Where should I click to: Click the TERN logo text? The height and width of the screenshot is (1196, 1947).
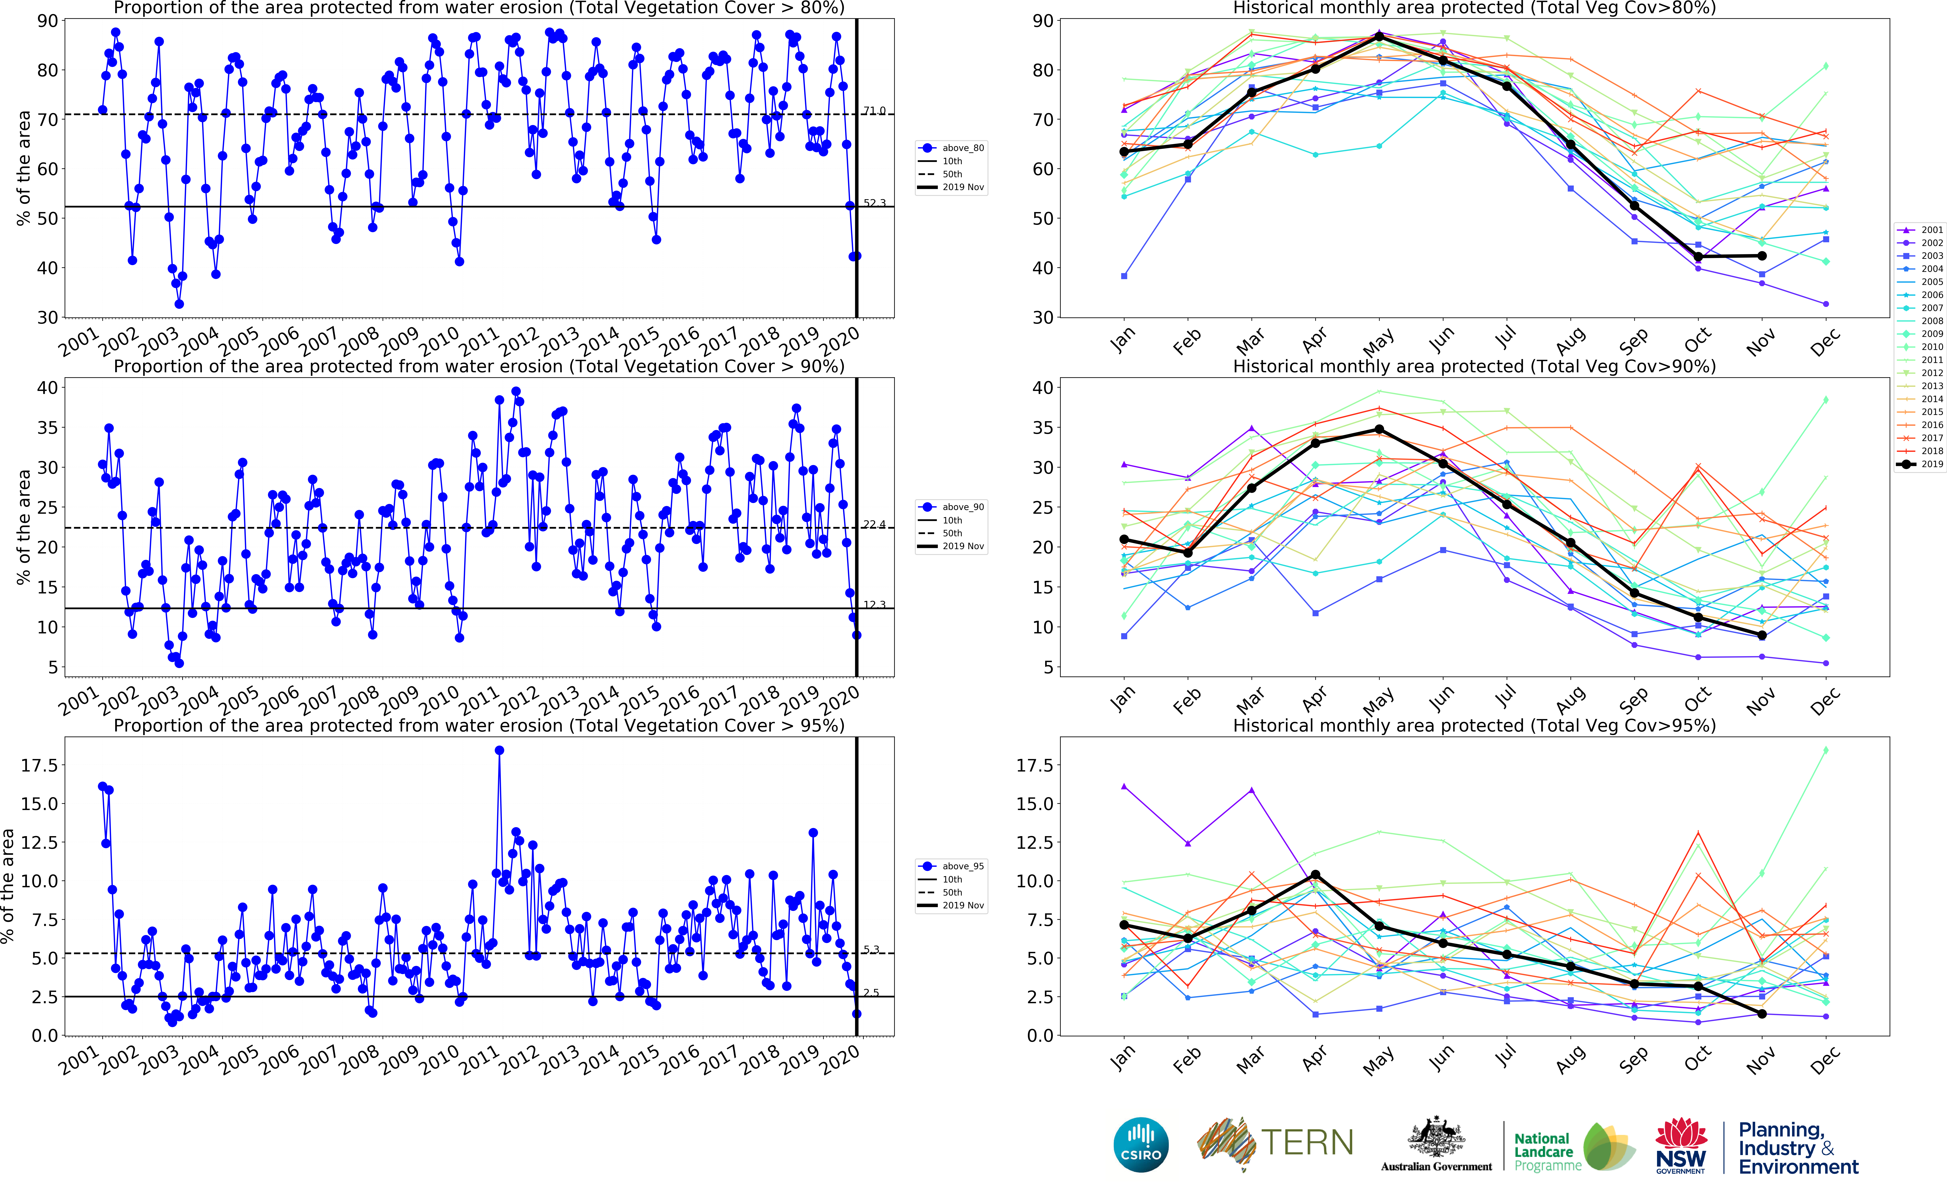coord(1307,1143)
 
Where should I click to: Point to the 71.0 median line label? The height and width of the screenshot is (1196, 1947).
coord(874,111)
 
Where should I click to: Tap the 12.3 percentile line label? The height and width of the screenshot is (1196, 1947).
coord(874,604)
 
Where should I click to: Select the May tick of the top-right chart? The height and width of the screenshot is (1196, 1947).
coord(1378,342)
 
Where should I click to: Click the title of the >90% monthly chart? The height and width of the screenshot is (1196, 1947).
coord(1474,366)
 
